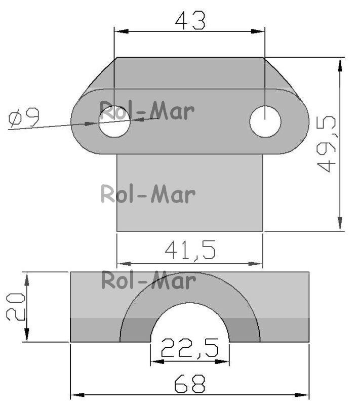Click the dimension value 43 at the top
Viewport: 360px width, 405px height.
(190, 21)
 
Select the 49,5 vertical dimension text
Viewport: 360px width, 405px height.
(326, 144)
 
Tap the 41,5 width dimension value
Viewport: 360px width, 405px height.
(190, 250)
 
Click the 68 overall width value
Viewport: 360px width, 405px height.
(190, 384)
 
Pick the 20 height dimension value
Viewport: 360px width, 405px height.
(16, 307)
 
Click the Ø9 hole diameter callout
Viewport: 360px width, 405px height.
(24, 117)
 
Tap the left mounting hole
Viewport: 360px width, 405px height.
(114, 121)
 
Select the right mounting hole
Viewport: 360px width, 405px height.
(265, 121)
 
